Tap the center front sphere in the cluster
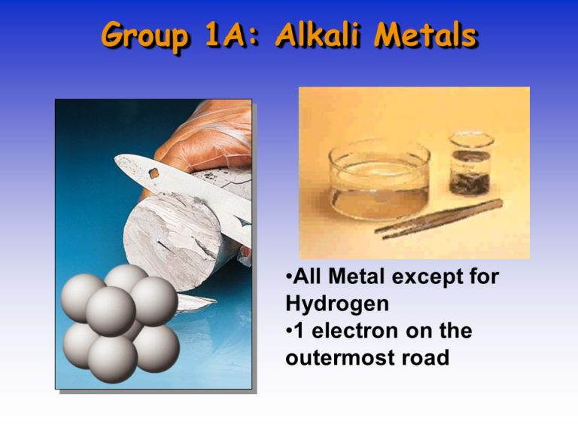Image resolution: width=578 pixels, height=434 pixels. click(111, 310)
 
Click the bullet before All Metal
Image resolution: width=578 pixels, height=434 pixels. click(290, 278)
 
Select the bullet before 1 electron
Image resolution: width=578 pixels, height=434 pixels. click(290, 331)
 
